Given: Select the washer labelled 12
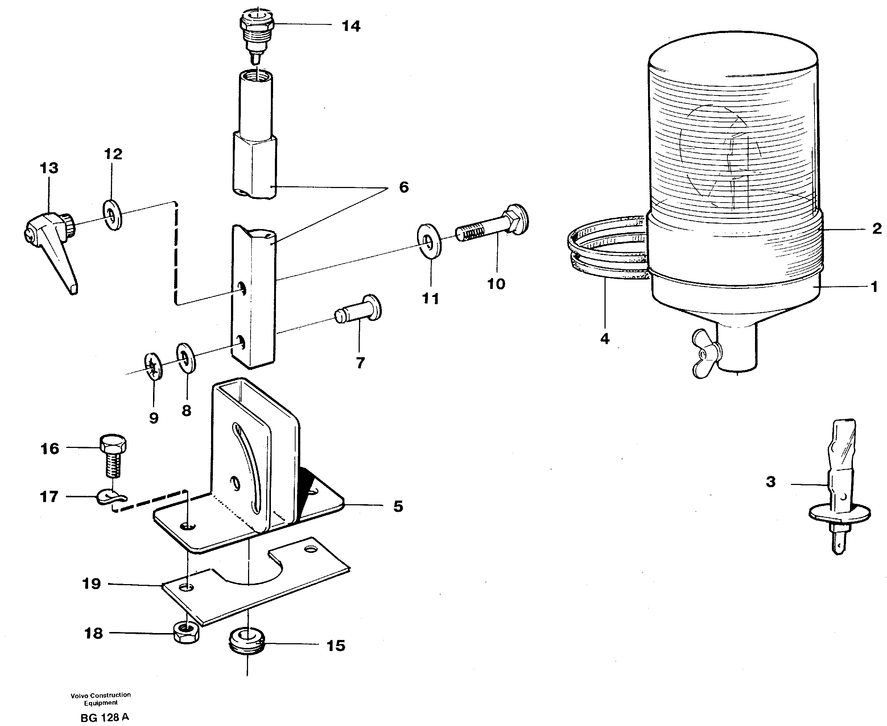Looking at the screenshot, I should coord(112,215).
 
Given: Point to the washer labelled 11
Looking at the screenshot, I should coord(429,241).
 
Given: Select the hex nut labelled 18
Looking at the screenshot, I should coord(186,633).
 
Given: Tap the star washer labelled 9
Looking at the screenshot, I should coord(154,367).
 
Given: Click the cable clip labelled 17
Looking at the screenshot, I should coord(111,497).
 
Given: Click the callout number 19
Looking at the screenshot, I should coord(91,583).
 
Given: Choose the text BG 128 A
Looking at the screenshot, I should coord(104,717).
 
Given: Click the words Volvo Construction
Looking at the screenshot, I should coord(100,695).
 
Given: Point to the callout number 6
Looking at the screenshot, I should coord(403,187).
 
